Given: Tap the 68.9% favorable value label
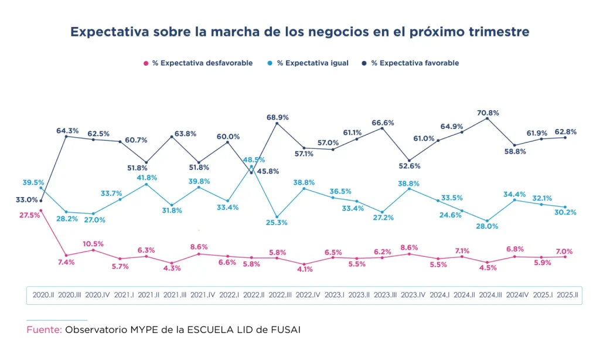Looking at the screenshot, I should point(278,117).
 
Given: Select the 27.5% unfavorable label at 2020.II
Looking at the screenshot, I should point(30,215).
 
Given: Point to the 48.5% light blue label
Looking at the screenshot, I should point(254,159).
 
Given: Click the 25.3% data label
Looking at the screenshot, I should point(277,223).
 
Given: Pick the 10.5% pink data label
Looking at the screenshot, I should point(93,244).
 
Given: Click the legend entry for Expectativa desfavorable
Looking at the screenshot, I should point(198,63).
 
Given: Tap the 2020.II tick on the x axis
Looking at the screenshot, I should point(43,295).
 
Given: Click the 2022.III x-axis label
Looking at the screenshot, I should point(280,295).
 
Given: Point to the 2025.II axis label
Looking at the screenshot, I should point(566,295).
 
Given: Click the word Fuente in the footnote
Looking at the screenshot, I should point(44,330).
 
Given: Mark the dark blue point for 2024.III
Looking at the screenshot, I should point(487,118).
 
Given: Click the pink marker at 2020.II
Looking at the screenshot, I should point(41,210).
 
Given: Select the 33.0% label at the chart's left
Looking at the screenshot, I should point(26,200).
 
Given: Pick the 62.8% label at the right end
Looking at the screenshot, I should point(565,132).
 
